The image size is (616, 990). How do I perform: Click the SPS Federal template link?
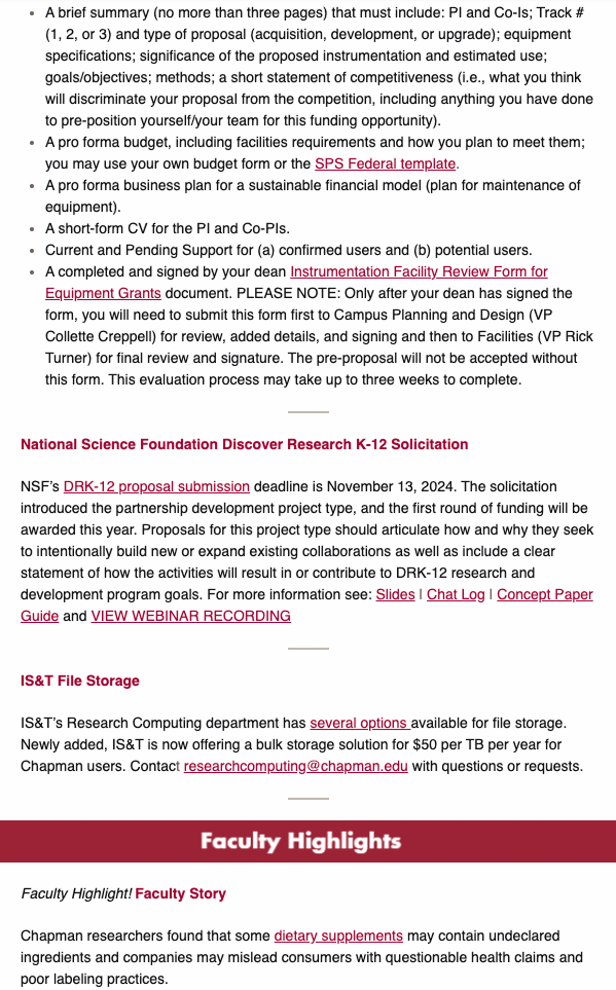pyautogui.click(x=385, y=164)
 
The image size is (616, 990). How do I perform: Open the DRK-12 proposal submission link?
pyautogui.click(x=156, y=487)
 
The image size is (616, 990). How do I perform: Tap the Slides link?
pyautogui.click(x=395, y=594)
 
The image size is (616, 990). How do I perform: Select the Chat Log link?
pyautogui.click(x=455, y=594)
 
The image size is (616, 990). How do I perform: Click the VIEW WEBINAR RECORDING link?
pyautogui.click(x=191, y=616)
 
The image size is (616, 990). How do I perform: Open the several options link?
pyautogui.click(x=360, y=723)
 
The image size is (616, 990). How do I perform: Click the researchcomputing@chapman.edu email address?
pyautogui.click(x=295, y=766)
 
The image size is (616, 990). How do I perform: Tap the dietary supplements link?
pyautogui.click(x=338, y=936)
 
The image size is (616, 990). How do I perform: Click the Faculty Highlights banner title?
pyautogui.click(x=300, y=841)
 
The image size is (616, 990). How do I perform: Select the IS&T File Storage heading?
pyautogui.click(x=80, y=681)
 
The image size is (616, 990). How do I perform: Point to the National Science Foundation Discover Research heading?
pyautogui.click(x=244, y=444)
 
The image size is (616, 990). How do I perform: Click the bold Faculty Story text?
pyautogui.click(x=180, y=893)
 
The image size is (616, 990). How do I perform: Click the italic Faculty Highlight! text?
pyautogui.click(x=76, y=893)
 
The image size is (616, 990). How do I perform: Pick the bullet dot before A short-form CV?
pyautogui.click(x=32, y=229)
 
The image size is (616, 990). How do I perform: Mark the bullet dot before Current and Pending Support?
pyautogui.click(x=32, y=251)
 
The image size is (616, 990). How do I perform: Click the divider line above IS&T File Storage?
pyautogui.click(x=308, y=648)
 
